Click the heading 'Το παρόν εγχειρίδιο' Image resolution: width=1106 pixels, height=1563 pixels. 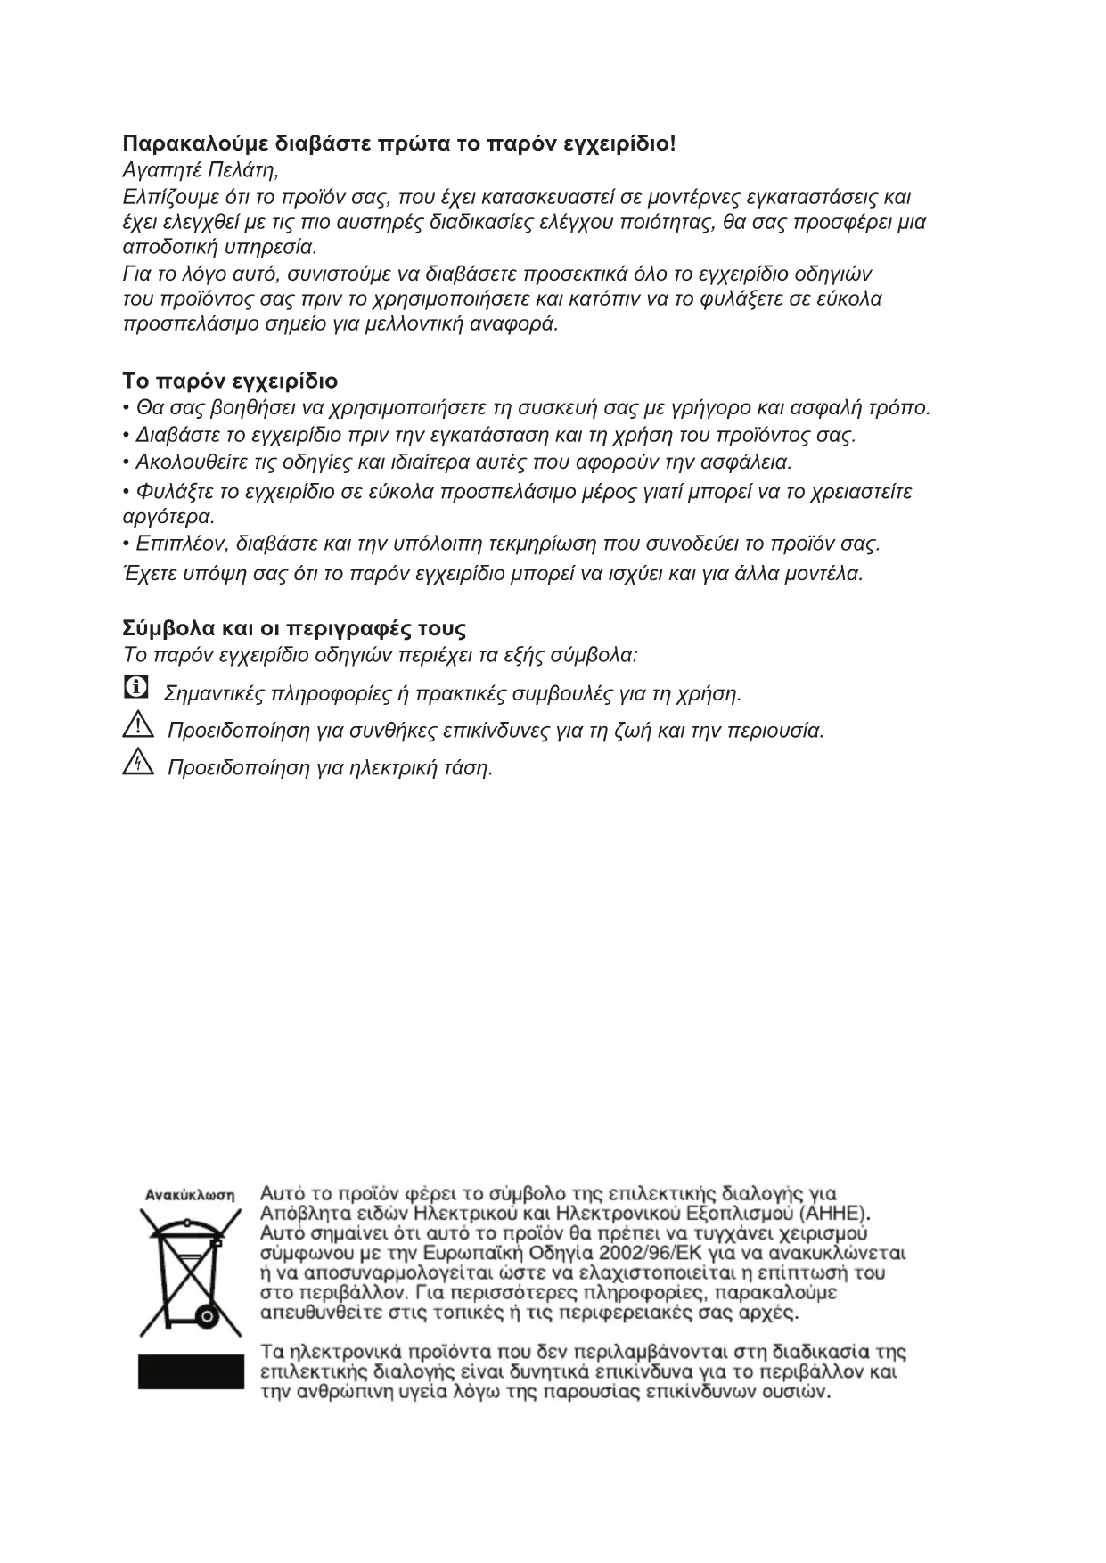pyautogui.click(x=230, y=381)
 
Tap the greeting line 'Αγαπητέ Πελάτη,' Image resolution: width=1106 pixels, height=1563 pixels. pyautogui.click(x=201, y=169)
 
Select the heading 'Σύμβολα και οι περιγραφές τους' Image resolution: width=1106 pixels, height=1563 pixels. pyautogui.click(x=294, y=628)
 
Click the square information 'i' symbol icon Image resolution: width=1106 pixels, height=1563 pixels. pyautogui.click(x=135, y=687)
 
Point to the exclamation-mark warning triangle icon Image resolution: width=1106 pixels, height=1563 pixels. pyautogui.click(x=137, y=726)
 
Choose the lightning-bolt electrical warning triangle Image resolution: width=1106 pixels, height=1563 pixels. pyautogui.click(x=137, y=763)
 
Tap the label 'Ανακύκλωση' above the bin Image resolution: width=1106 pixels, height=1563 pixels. pyautogui.click(x=190, y=1195)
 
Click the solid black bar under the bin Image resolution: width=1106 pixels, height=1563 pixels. pyautogui.click(x=191, y=1371)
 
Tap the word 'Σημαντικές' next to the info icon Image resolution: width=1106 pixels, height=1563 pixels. pyautogui.click(x=215, y=693)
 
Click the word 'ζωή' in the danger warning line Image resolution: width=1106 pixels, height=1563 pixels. pyautogui.click(x=632, y=731)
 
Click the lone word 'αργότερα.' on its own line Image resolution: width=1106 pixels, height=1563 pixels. pyautogui.click(x=168, y=517)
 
